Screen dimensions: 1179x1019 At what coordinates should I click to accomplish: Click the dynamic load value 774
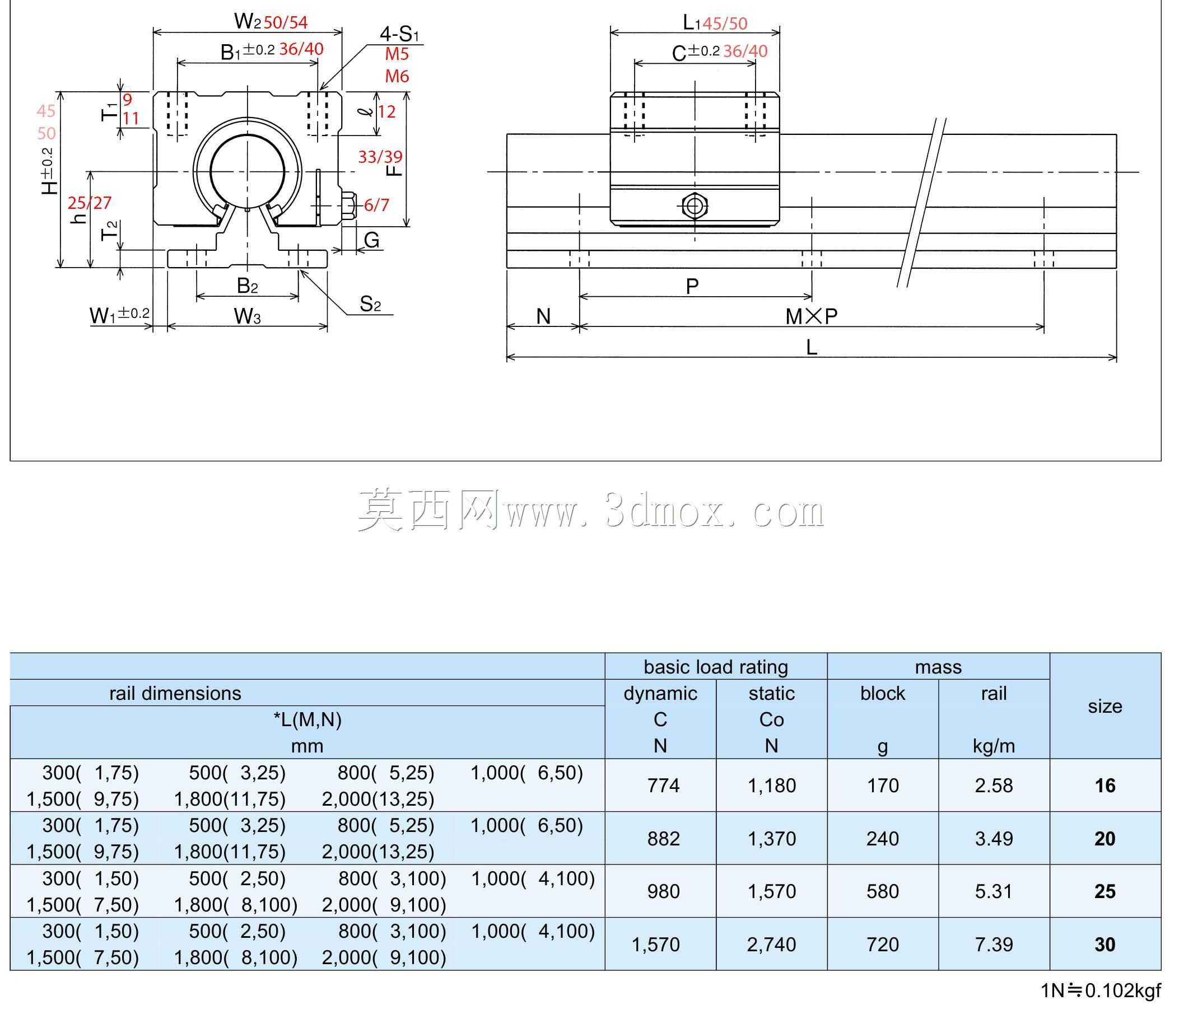click(x=664, y=786)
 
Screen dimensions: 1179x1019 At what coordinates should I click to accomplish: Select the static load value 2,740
click(x=772, y=945)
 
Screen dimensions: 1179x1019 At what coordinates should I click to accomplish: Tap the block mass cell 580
click(x=883, y=891)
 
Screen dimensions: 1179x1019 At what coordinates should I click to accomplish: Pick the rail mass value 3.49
click(x=994, y=839)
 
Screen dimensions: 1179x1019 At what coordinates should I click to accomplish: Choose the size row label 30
click(x=1105, y=945)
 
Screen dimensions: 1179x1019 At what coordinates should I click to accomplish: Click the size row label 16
click(x=1105, y=786)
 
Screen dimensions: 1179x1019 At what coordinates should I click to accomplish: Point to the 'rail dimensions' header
click(x=175, y=693)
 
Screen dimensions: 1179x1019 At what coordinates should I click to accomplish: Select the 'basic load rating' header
click(x=716, y=667)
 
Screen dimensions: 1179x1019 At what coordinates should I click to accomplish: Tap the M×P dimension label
click(x=812, y=316)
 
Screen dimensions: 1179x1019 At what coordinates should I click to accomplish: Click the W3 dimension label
click(x=248, y=316)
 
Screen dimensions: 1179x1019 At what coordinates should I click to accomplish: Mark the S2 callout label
click(x=370, y=305)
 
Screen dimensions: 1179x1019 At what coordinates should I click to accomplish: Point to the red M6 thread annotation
click(x=397, y=76)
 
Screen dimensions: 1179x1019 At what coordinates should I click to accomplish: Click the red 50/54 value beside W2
click(x=286, y=23)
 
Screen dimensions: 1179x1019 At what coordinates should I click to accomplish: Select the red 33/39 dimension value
click(x=380, y=156)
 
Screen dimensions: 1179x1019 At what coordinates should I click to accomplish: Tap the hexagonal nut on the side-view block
click(x=694, y=206)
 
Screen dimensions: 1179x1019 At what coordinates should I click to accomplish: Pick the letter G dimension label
click(x=371, y=240)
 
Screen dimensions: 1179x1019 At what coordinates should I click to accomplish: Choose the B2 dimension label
click(x=248, y=286)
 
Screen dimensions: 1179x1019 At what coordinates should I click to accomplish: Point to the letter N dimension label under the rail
click(x=543, y=316)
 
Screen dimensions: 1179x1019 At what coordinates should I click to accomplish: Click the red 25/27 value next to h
click(x=90, y=203)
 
